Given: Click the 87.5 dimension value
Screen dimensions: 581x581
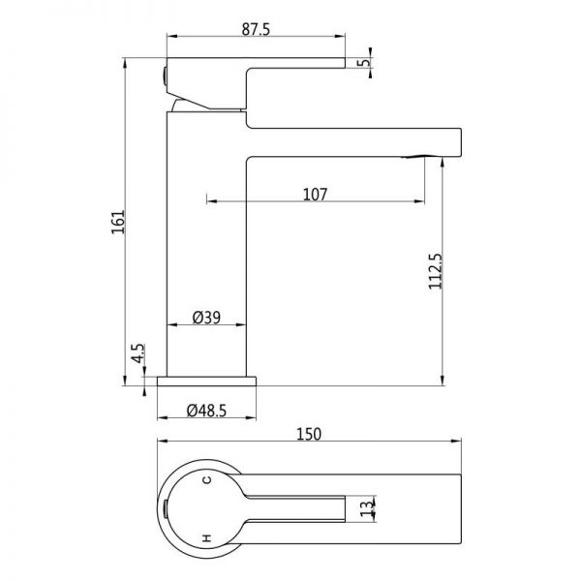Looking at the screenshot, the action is point(256,29).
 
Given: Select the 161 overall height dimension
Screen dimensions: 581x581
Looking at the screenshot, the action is point(118,222).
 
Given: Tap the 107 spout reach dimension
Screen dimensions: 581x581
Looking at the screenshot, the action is point(315,195).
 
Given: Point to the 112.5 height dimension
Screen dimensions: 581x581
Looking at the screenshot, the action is point(436,271).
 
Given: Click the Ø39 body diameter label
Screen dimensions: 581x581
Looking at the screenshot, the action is point(206,318).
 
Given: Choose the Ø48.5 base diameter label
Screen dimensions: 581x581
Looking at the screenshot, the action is point(206,411).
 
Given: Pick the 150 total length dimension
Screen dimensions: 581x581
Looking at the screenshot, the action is point(309,434).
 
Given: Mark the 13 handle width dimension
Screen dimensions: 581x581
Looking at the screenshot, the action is point(366,508).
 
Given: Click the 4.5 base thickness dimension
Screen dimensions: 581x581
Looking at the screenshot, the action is point(138,353).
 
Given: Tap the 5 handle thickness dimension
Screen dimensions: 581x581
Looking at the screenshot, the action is point(365,62).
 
